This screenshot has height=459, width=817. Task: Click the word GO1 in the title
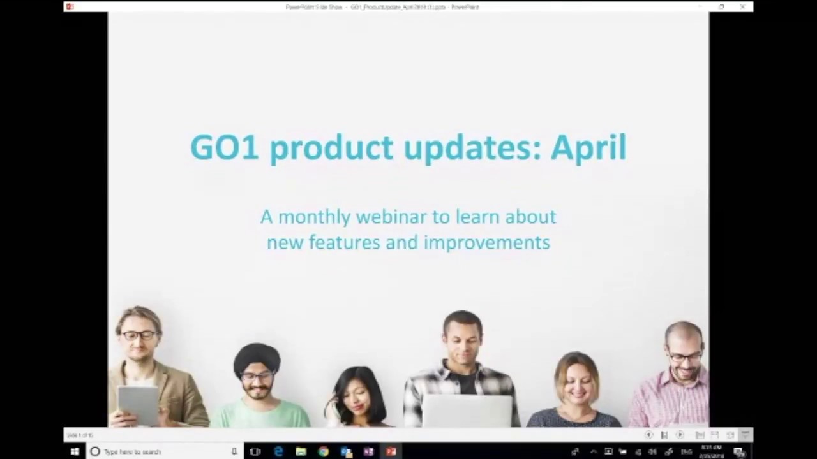[224, 147]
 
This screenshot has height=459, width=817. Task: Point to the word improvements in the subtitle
[486, 242]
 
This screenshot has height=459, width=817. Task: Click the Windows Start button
[74, 451]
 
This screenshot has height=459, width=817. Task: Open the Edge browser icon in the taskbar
[278, 451]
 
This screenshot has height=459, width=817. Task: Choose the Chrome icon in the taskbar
[323, 451]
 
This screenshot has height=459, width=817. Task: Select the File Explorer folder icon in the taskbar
[301, 451]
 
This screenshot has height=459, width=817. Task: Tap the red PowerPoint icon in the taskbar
[391, 451]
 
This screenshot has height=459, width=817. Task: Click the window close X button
[742, 6]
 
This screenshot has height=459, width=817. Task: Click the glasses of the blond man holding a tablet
[139, 335]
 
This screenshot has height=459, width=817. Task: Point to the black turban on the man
[256, 357]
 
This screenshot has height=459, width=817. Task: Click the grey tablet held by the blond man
[138, 404]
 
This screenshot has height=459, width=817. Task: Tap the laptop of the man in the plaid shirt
[467, 411]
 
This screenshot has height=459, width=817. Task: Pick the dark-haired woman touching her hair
[357, 395]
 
